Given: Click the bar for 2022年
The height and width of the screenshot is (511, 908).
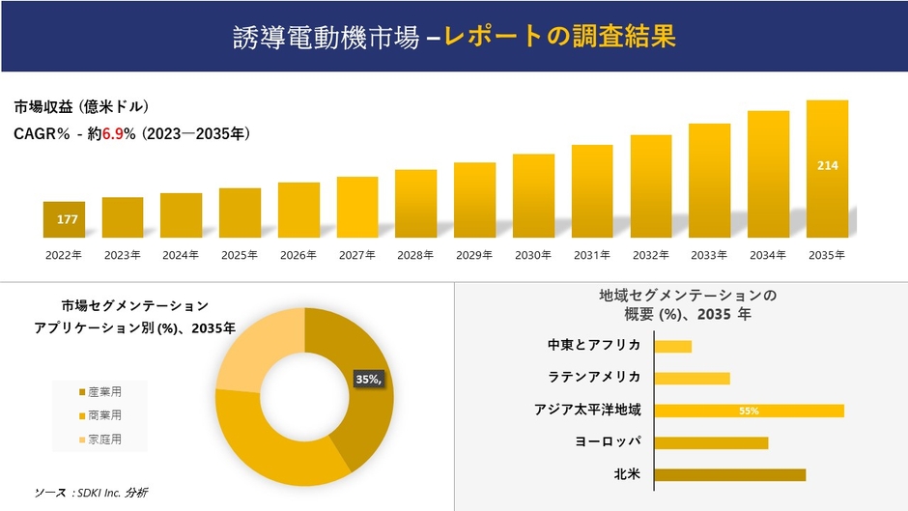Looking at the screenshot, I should (64, 219).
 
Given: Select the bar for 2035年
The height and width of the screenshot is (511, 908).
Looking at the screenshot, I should (827, 169).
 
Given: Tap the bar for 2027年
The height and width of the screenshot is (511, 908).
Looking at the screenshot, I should (357, 207).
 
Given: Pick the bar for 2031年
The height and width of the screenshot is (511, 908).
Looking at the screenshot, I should (592, 191).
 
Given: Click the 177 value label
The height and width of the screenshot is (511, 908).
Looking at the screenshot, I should (67, 220).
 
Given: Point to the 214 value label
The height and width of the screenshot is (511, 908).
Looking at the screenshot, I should (828, 166).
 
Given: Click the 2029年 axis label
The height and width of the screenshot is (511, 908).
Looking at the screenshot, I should (474, 255).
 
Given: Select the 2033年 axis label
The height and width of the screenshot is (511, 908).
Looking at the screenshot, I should (709, 255).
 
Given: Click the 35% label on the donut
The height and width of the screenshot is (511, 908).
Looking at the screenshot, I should (368, 380).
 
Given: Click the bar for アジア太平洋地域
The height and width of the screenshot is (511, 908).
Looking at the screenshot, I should (749, 411).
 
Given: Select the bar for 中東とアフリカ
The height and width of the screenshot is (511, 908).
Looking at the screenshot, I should (673, 346).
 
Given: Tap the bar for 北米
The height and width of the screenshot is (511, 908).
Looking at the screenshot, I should (729, 474).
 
